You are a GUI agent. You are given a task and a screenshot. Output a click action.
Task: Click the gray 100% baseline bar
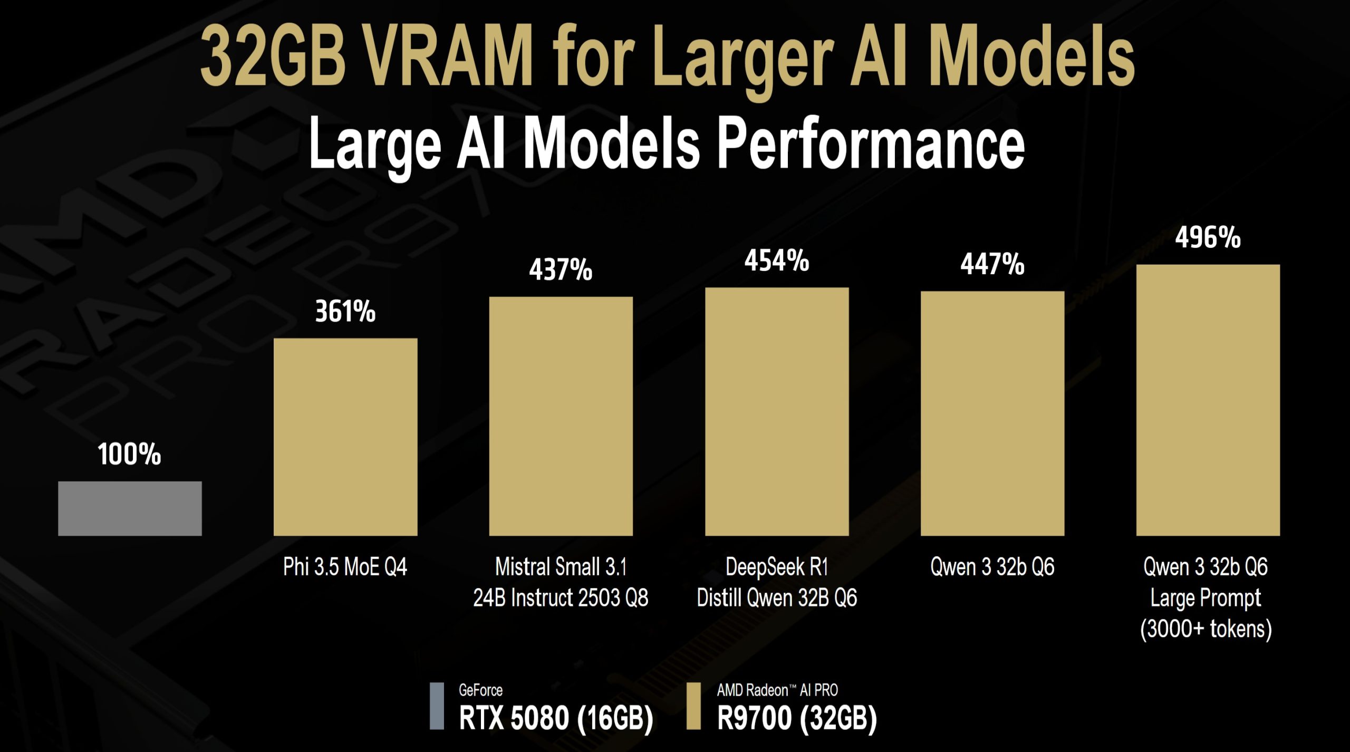[130, 508]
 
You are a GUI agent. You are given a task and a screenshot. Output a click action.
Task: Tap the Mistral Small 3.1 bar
[561, 416]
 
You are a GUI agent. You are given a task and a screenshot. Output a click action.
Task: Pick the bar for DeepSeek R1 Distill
[777, 411]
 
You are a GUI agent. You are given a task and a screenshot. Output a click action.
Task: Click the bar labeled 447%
[992, 413]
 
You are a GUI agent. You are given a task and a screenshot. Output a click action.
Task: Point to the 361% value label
[345, 311]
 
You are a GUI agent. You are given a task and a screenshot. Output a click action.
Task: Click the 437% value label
[561, 269]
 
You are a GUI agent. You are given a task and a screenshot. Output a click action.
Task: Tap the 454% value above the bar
[777, 261]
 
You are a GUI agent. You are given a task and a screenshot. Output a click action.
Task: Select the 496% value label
[1208, 237]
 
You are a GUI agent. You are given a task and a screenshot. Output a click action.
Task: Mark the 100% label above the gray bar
[129, 454]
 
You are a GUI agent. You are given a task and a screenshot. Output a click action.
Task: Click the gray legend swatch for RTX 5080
[437, 706]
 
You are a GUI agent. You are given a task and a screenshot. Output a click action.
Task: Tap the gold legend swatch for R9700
[693, 706]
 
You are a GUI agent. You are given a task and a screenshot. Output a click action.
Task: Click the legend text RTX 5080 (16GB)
[556, 718]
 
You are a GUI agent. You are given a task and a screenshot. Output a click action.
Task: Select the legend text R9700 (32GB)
[796, 718]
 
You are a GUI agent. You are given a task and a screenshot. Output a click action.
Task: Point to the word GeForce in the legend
[480, 690]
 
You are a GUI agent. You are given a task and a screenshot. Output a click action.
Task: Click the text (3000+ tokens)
[1206, 629]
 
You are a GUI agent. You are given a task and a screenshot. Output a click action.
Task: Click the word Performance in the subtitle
[871, 143]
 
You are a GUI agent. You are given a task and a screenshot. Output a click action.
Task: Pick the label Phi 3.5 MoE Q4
[345, 567]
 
